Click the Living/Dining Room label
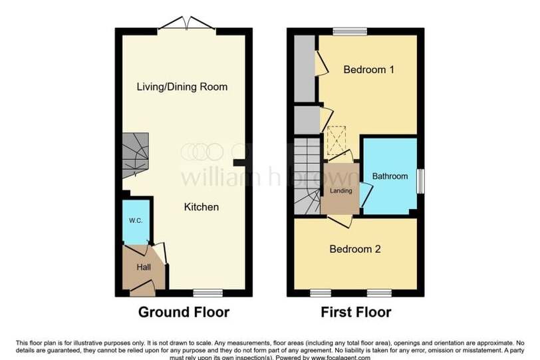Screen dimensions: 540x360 coord(182,87)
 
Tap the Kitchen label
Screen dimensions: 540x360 coord(202,207)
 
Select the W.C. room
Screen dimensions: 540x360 coord(136,222)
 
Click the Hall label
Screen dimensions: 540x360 coord(144,267)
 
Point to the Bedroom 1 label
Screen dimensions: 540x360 coord(369,70)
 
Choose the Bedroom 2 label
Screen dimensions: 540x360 coord(355,249)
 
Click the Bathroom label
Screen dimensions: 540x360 coord(390,176)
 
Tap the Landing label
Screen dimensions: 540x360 coord(341,190)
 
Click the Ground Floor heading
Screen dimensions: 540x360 coord(184,312)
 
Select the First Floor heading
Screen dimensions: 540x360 coord(356,312)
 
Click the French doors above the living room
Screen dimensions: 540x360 coord(187,23)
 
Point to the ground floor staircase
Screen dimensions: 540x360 coord(136,155)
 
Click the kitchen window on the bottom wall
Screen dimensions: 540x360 coord(208,293)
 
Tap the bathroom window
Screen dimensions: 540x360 coord(420,181)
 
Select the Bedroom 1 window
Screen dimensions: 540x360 coord(350,31)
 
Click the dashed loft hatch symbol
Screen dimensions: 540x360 coord(337,140)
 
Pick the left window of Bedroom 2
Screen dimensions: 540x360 coord(321,293)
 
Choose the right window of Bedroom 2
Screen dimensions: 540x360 coord(379,293)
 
